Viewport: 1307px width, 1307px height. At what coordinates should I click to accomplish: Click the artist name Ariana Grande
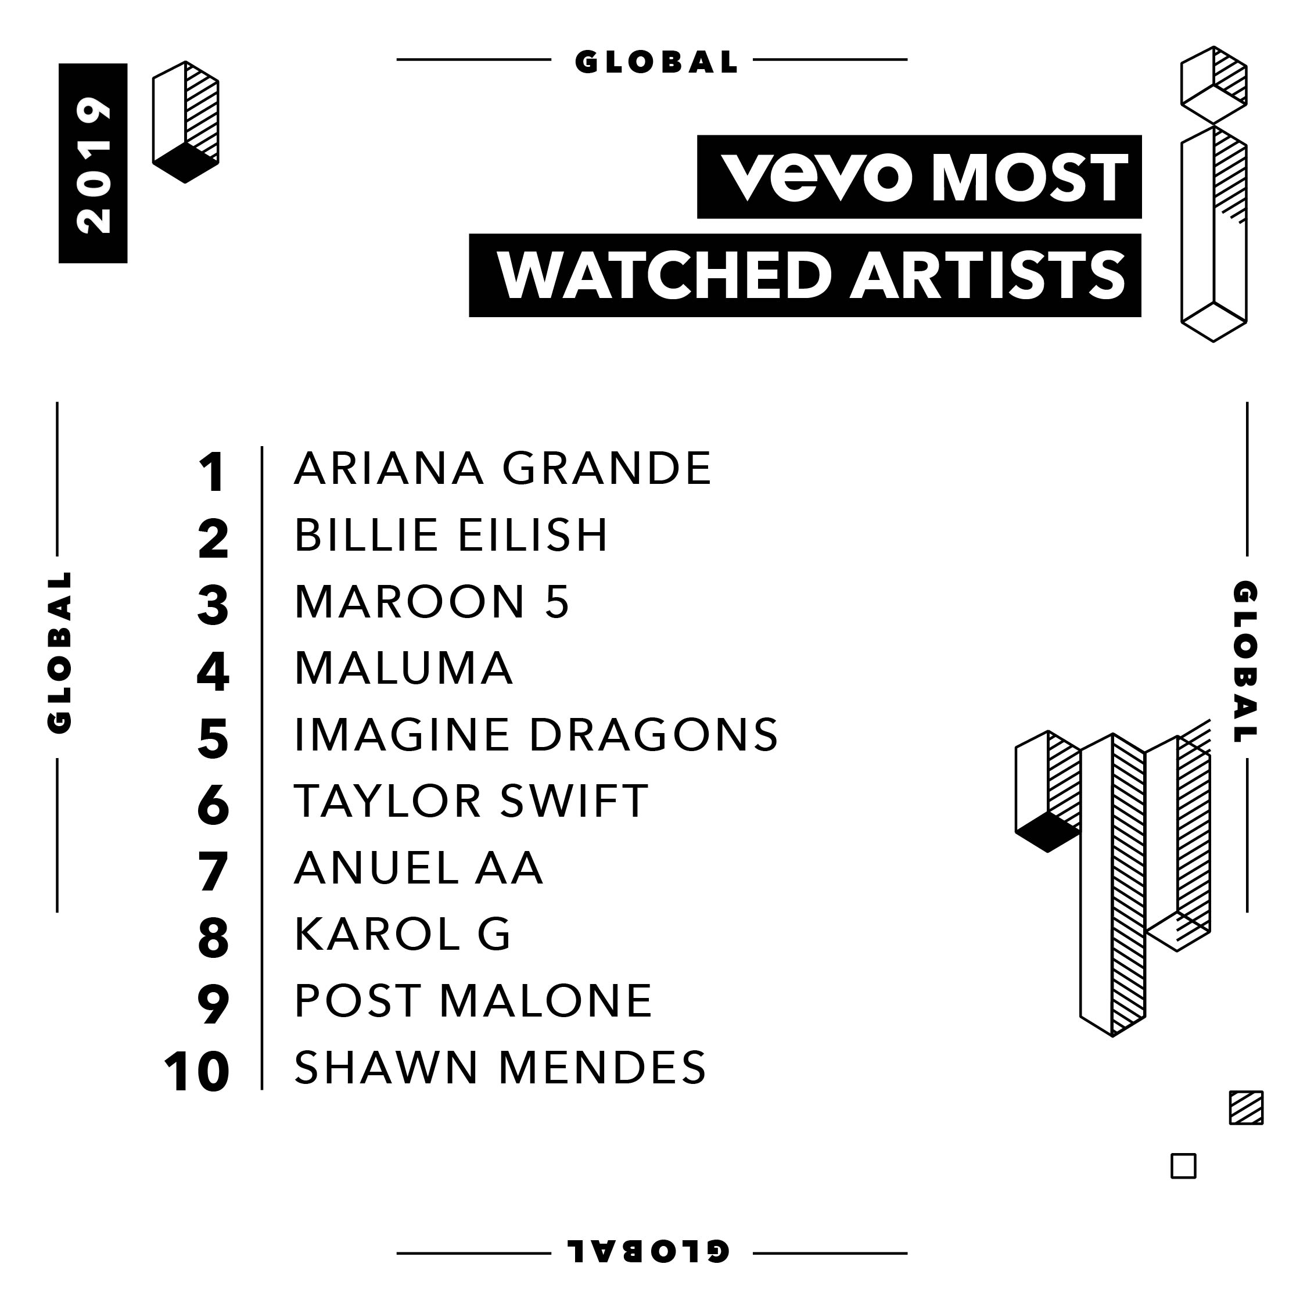[x=502, y=468]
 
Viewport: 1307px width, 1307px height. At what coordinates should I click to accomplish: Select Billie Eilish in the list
[x=451, y=535]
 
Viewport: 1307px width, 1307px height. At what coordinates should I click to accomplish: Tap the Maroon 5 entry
[x=432, y=601]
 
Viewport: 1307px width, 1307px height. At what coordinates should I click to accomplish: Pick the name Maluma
[x=404, y=667]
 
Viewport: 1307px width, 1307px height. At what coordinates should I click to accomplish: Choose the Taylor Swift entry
[x=472, y=801]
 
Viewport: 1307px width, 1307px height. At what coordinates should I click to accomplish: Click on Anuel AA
[x=419, y=867]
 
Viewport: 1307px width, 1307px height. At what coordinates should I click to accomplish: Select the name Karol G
[x=403, y=934]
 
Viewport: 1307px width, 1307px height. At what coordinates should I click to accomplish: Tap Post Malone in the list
[x=473, y=1000]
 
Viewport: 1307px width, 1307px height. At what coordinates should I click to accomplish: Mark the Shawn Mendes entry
[x=501, y=1068]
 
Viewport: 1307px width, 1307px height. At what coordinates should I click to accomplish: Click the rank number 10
[x=197, y=1073]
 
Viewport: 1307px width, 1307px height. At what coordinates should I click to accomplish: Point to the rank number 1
[x=213, y=472]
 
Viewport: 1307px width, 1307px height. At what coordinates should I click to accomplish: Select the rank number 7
[x=213, y=872]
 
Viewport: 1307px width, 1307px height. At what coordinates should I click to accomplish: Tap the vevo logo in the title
[x=817, y=177]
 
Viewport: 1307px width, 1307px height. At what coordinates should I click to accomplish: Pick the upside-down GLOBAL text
[x=652, y=1252]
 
